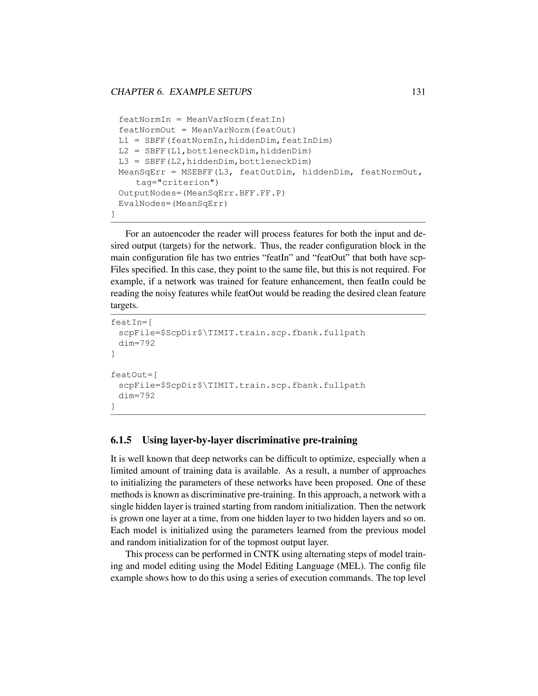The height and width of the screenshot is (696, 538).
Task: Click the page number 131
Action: pyautogui.click(x=418, y=92)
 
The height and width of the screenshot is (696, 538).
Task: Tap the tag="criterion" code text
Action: pyautogui.click(x=177, y=183)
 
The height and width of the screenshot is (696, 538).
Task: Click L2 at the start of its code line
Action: pyautogui.click(x=123, y=151)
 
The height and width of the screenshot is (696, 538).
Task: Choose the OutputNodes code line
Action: pyautogui.click(x=201, y=193)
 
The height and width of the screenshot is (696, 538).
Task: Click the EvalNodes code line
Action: pyautogui.click(x=173, y=204)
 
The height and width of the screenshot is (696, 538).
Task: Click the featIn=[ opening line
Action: pyautogui.click(x=131, y=323)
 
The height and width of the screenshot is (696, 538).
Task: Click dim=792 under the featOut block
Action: pyautogui.click(x=136, y=396)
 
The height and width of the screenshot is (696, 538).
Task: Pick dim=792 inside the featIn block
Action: pyautogui.click(x=136, y=343)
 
